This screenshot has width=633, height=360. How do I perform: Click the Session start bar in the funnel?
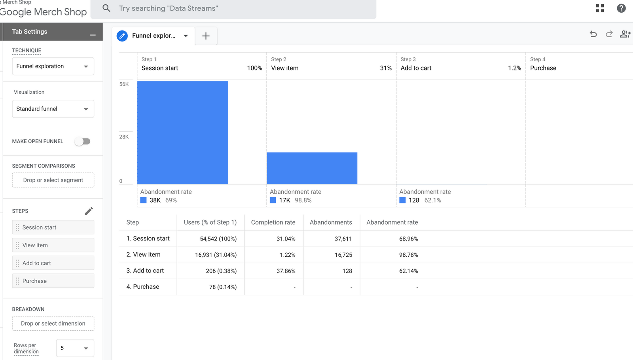click(182, 133)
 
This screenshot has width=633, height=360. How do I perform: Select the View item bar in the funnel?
click(312, 168)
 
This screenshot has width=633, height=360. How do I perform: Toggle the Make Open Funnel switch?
click(83, 141)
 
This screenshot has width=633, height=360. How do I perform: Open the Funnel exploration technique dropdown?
click(53, 66)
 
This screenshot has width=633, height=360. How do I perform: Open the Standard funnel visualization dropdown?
click(53, 109)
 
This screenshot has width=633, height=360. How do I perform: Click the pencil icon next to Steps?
click(89, 211)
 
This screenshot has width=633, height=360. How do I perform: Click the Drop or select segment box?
click(53, 180)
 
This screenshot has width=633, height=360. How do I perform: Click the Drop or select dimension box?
click(53, 323)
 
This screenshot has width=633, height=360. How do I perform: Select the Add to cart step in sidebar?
click(53, 263)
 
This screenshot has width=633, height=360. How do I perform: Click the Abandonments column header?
click(331, 222)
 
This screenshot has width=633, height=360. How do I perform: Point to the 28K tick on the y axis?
click(124, 137)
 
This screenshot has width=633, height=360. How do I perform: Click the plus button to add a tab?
click(206, 36)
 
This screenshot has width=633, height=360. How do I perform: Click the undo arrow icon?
click(593, 34)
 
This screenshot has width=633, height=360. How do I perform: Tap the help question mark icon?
click(621, 8)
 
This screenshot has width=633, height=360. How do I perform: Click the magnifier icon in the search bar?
click(106, 8)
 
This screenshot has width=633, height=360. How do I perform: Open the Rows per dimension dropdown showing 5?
click(75, 348)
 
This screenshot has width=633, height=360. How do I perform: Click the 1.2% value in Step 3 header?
click(514, 68)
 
